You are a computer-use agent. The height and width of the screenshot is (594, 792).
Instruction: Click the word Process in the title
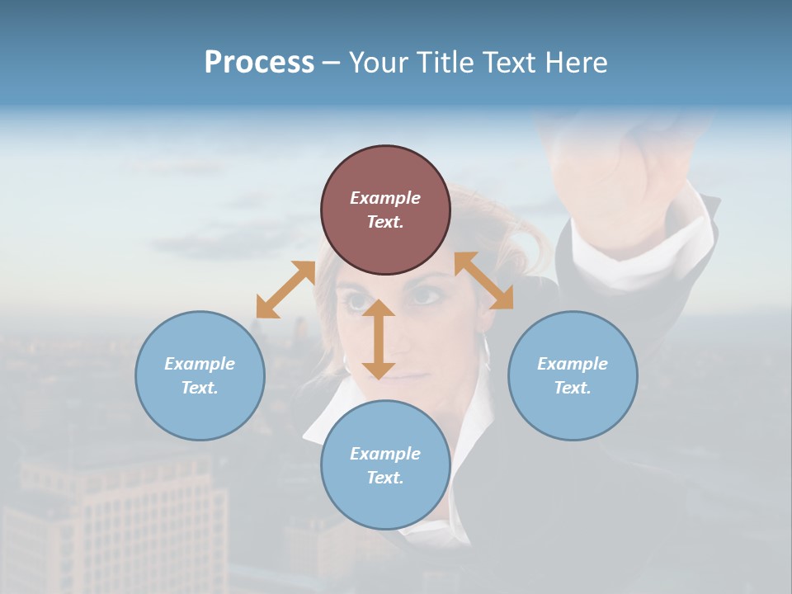tap(259, 63)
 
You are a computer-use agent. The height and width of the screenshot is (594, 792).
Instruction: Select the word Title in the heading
tap(445, 63)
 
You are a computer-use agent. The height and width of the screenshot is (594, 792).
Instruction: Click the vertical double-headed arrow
tap(379, 338)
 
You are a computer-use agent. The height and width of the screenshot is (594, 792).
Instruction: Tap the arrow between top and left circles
tap(285, 289)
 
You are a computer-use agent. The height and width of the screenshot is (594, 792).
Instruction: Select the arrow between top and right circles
tap(483, 280)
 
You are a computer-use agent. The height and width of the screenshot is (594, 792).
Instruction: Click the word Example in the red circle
tap(385, 198)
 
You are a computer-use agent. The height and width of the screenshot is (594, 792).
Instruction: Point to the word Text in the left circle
tap(200, 388)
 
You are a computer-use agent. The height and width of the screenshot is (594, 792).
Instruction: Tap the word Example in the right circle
tap(573, 364)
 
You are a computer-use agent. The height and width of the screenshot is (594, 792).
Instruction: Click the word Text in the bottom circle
tap(385, 478)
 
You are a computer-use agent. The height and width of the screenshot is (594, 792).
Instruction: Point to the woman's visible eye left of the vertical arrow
tap(357, 301)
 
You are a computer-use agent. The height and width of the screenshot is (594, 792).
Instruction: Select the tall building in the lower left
tap(124, 520)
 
